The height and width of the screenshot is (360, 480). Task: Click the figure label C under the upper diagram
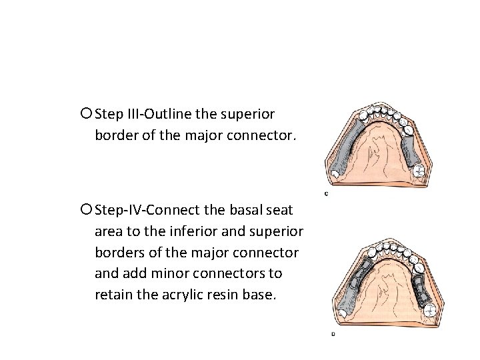pos(325,194)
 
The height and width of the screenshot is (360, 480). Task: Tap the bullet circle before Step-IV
pos(89,210)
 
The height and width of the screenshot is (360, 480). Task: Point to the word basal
pos(249,210)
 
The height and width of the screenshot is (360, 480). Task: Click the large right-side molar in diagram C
pos(418,171)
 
